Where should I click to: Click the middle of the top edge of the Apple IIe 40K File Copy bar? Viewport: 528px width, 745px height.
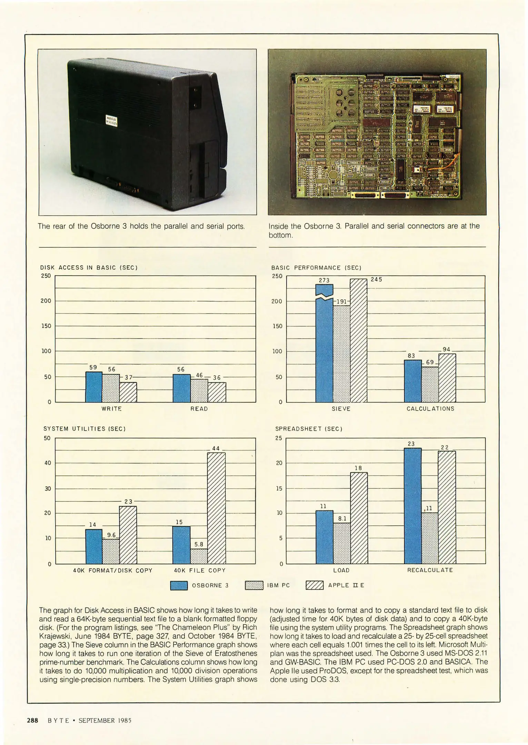pyautogui.click(x=216, y=453)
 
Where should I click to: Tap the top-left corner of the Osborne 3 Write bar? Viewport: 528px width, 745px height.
pyautogui.click(x=86, y=372)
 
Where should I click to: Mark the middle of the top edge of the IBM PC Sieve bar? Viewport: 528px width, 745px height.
pyautogui.click(x=341, y=306)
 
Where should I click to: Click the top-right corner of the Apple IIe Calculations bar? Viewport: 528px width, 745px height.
pyautogui.click(x=456, y=354)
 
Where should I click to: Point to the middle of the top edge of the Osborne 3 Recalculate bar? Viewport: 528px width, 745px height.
pyautogui.click(x=412, y=448)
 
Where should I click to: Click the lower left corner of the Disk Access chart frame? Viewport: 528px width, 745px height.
pyautogui.click(x=55, y=402)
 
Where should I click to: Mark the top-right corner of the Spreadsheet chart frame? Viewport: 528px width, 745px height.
pyautogui.click(x=485, y=438)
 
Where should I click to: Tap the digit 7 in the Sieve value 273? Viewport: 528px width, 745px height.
pyautogui.click(x=324, y=280)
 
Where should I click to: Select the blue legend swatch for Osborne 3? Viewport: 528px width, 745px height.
pyautogui.click(x=179, y=585)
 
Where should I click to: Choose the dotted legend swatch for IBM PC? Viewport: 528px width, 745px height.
pyautogui.click(x=254, y=585)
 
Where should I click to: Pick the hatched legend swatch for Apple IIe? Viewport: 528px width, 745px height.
pyautogui.click(x=315, y=585)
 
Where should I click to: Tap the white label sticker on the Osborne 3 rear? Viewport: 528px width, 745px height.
pyautogui.click(x=111, y=121)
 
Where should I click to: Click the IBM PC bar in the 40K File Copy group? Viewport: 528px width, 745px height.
pyautogui.click(x=199, y=556)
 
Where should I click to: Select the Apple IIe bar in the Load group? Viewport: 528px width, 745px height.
pyautogui.click(x=359, y=518)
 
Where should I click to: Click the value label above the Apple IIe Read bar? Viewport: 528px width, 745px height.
pyautogui.click(x=217, y=377)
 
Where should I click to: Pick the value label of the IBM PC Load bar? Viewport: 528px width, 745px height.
pyautogui.click(x=342, y=518)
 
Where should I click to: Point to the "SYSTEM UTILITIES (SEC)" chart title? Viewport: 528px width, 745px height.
pyautogui.click(x=84, y=429)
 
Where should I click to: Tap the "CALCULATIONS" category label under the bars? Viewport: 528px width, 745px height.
pyautogui.click(x=430, y=409)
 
